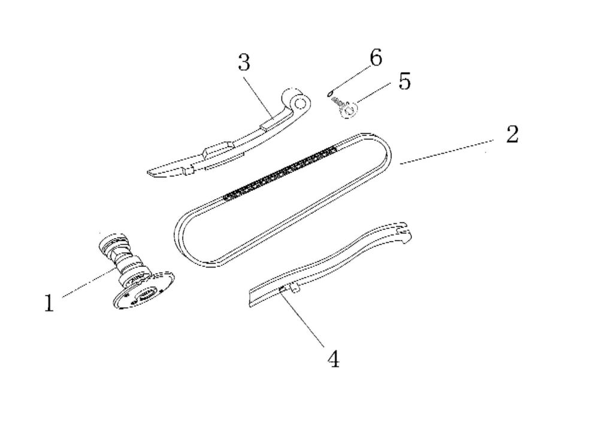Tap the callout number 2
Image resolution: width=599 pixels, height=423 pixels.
pyautogui.click(x=512, y=135)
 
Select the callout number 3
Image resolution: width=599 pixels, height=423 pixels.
pyautogui.click(x=244, y=62)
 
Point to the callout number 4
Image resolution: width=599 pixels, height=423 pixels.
pyautogui.click(x=334, y=359)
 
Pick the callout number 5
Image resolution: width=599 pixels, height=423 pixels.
pyautogui.click(x=405, y=81)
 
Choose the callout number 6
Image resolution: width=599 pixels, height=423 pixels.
pyautogui.click(x=376, y=58)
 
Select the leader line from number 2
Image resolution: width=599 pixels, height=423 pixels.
pyautogui.click(x=446, y=151)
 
